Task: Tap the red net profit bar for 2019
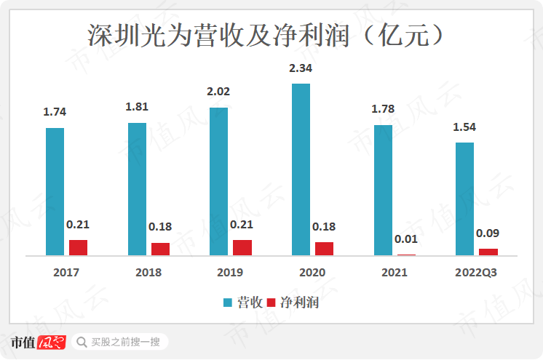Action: point(242,247)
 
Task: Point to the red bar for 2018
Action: point(160,249)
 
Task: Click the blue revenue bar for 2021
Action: point(383,190)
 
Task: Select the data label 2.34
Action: point(301,68)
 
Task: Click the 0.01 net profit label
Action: point(405,239)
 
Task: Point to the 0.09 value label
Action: point(487,233)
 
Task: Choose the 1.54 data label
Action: point(464,127)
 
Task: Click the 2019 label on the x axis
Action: point(230,273)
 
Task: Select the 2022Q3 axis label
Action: point(475,273)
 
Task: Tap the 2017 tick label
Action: point(66,273)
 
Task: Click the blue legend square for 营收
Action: point(228,303)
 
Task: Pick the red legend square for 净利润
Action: point(272,303)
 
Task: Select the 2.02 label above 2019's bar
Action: point(219,92)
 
